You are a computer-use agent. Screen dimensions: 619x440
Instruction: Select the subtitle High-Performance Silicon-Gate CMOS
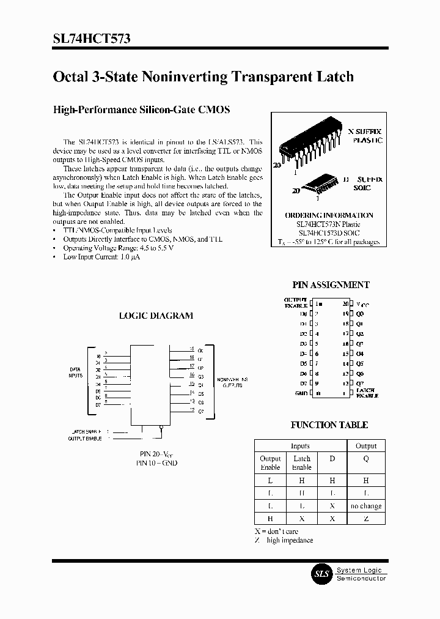click(x=142, y=110)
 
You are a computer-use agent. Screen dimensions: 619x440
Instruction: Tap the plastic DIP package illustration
click(x=311, y=146)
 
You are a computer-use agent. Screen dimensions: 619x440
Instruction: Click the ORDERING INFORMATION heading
click(x=329, y=215)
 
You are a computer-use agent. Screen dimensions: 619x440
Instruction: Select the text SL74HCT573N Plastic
click(x=329, y=224)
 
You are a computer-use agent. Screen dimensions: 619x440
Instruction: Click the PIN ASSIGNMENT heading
click(x=331, y=285)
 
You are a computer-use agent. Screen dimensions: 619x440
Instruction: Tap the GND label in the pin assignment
click(x=300, y=393)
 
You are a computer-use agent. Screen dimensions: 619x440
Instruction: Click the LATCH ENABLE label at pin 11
click(x=367, y=393)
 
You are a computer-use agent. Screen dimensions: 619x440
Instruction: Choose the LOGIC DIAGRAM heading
click(x=155, y=316)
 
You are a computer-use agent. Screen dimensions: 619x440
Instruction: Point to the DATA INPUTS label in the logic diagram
click(x=76, y=373)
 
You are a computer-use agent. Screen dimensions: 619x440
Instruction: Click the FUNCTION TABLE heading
click(x=329, y=425)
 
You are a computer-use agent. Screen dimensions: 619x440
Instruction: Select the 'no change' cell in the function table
click(x=365, y=506)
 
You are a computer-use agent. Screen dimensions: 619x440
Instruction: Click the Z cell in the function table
click(x=365, y=518)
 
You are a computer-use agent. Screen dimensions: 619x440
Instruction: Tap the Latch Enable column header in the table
click(x=302, y=462)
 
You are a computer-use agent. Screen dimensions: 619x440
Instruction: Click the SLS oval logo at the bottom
click(x=321, y=574)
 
